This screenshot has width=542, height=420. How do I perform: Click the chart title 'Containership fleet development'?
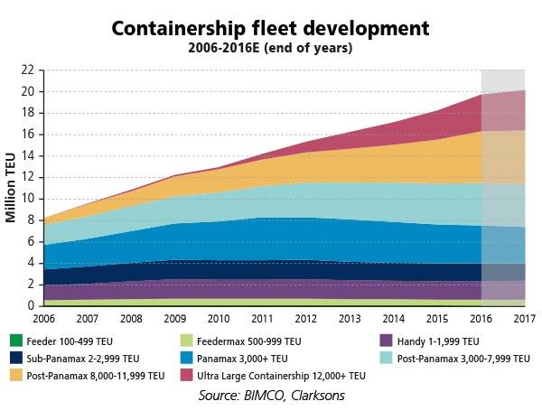[271, 28]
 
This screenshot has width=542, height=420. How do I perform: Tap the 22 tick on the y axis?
[28, 70]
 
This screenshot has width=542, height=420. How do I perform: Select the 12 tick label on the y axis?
[28, 177]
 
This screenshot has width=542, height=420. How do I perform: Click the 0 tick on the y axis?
[31, 306]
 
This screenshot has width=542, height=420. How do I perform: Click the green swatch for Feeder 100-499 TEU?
[14, 341]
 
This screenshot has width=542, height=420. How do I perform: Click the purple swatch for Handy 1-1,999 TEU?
[385, 341]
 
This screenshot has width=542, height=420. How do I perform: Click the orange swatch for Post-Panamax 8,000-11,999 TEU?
[14, 375]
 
